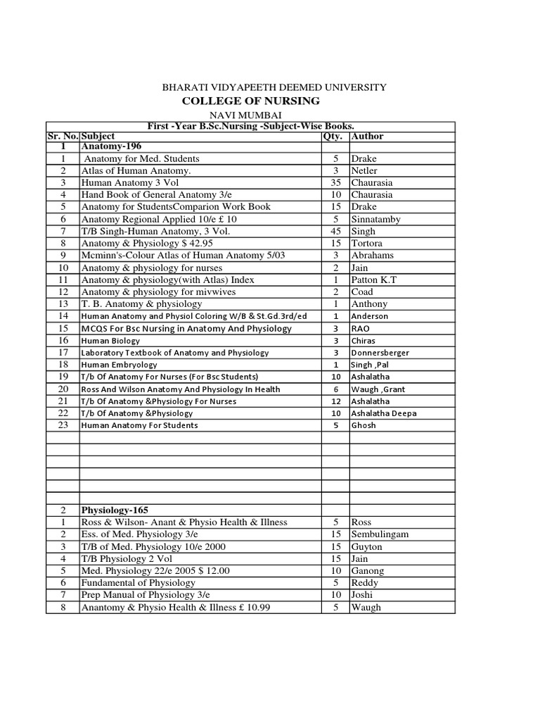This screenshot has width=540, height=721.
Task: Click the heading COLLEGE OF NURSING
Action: click(x=250, y=101)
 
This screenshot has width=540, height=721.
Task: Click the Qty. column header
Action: click(x=332, y=135)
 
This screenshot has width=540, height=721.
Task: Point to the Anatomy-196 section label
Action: click(x=111, y=146)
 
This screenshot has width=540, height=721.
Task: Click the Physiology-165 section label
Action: click(x=115, y=509)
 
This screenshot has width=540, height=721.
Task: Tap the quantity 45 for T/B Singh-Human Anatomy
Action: click(x=336, y=231)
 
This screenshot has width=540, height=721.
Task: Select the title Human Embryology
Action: click(x=119, y=365)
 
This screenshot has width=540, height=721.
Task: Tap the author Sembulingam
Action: click(x=379, y=534)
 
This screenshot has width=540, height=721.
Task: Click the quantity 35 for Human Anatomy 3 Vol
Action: click(x=336, y=182)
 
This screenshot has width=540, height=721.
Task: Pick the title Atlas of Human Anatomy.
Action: click(x=136, y=170)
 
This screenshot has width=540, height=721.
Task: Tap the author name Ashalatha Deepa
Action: click(x=383, y=413)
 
